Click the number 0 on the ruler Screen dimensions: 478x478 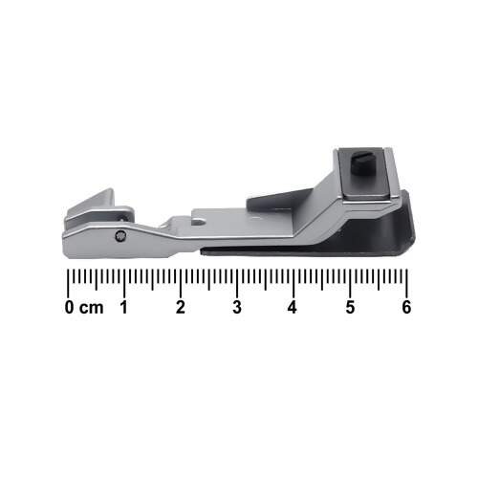69,307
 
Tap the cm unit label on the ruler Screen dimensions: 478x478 92,308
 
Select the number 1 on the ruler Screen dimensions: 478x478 124,307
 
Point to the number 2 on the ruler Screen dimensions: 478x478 181,307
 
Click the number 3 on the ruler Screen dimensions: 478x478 237,307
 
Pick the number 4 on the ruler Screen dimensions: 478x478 293,307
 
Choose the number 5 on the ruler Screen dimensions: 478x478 350,307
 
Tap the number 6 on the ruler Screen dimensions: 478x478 406,307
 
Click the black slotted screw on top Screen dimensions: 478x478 361,162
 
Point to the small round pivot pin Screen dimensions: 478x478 120,236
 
